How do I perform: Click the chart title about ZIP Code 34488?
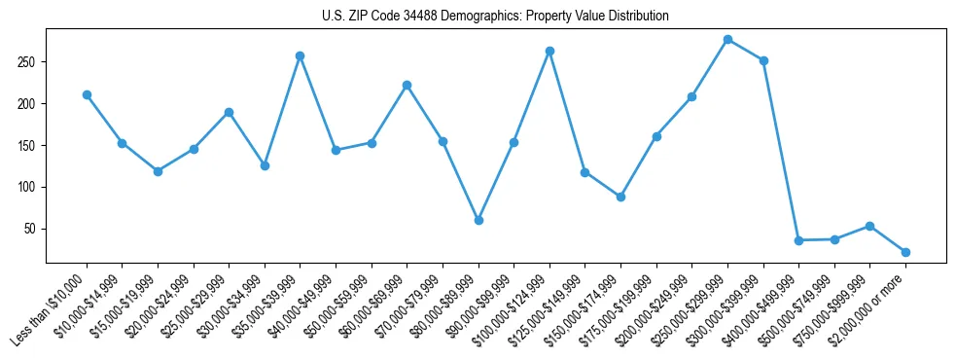tap(495, 16)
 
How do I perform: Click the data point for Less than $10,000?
tap(87, 94)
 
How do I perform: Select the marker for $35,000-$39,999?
tap(300, 55)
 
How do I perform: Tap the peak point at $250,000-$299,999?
tap(727, 39)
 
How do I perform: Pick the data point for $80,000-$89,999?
tap(478, 220)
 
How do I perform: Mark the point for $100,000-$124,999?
tap(549, 51)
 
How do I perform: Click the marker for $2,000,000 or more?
tap(905, 252)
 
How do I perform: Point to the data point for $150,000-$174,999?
tap(620, 197)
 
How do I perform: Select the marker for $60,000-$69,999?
tap(407, 85)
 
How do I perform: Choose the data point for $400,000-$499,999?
tap(798, 240)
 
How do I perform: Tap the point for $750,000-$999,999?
tap(869, 226)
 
